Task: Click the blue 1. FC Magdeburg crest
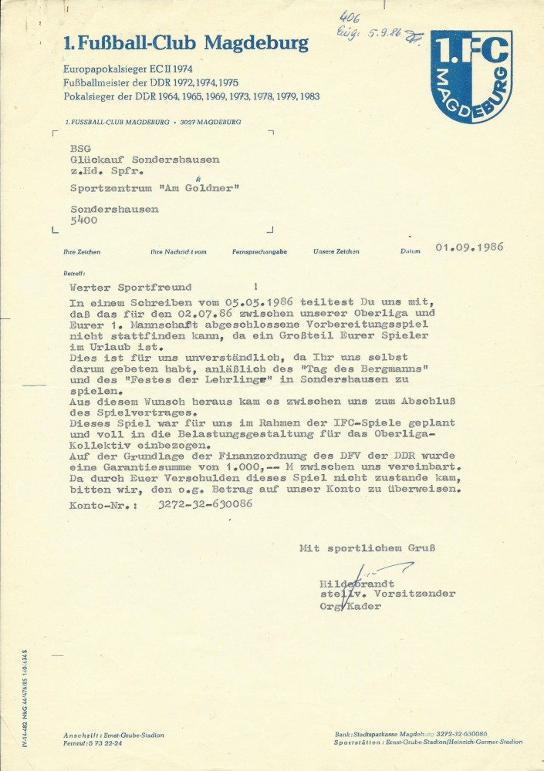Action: coord(471,76)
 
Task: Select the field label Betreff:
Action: coord(75,274)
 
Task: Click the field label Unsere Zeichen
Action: coord(336,252)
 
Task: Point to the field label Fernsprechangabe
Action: coord(259,252)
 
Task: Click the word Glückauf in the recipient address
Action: coord(98,160)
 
